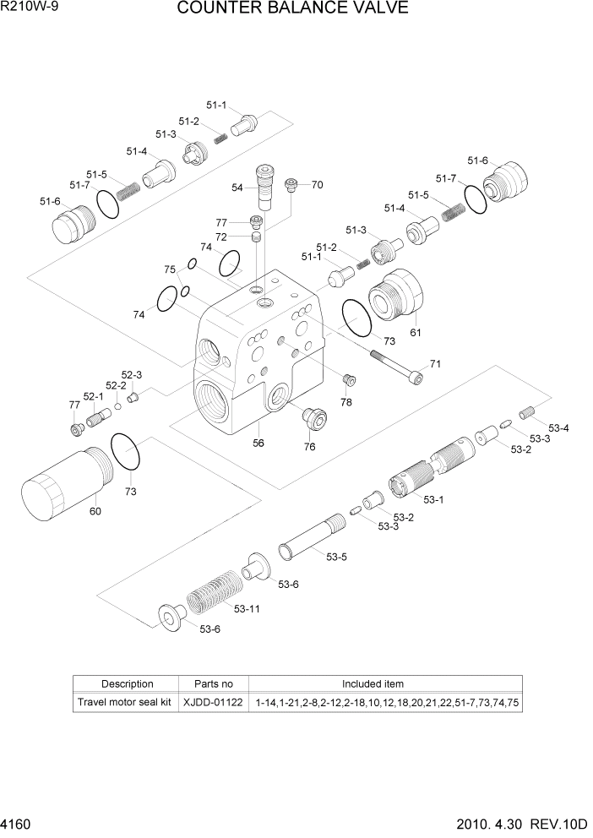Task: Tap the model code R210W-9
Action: pyautogui.click(x=30, y=7)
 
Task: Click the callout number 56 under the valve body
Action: pyautogui.click(x=258, y=442)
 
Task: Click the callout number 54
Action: pyautogui.click(x=237, y=187)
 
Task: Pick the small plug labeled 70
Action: pyautogui.click(x=291, y=184)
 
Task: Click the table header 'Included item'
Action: pyautogui.click(x=372, y=683)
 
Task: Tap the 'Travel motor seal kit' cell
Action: pyautogui.click(x=125, y=702)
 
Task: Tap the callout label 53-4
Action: pyautogui.click(x=558, y=428)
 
